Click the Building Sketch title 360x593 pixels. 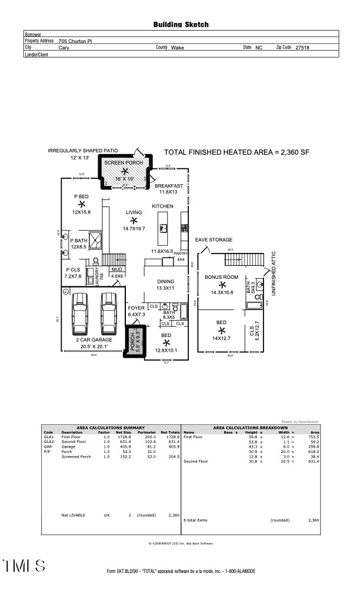pos(181,25)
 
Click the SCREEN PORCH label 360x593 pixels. pos(124,162)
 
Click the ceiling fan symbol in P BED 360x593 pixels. pos(81,204)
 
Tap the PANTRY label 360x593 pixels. pos(181,253)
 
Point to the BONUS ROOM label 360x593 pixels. pos(221,276)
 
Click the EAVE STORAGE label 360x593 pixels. pos(214,240)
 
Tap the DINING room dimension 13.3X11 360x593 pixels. pos(165,289)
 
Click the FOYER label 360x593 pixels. pos(136,308)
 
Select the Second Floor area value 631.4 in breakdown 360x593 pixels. pos(314,461)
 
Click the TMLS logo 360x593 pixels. pos(24,566)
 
